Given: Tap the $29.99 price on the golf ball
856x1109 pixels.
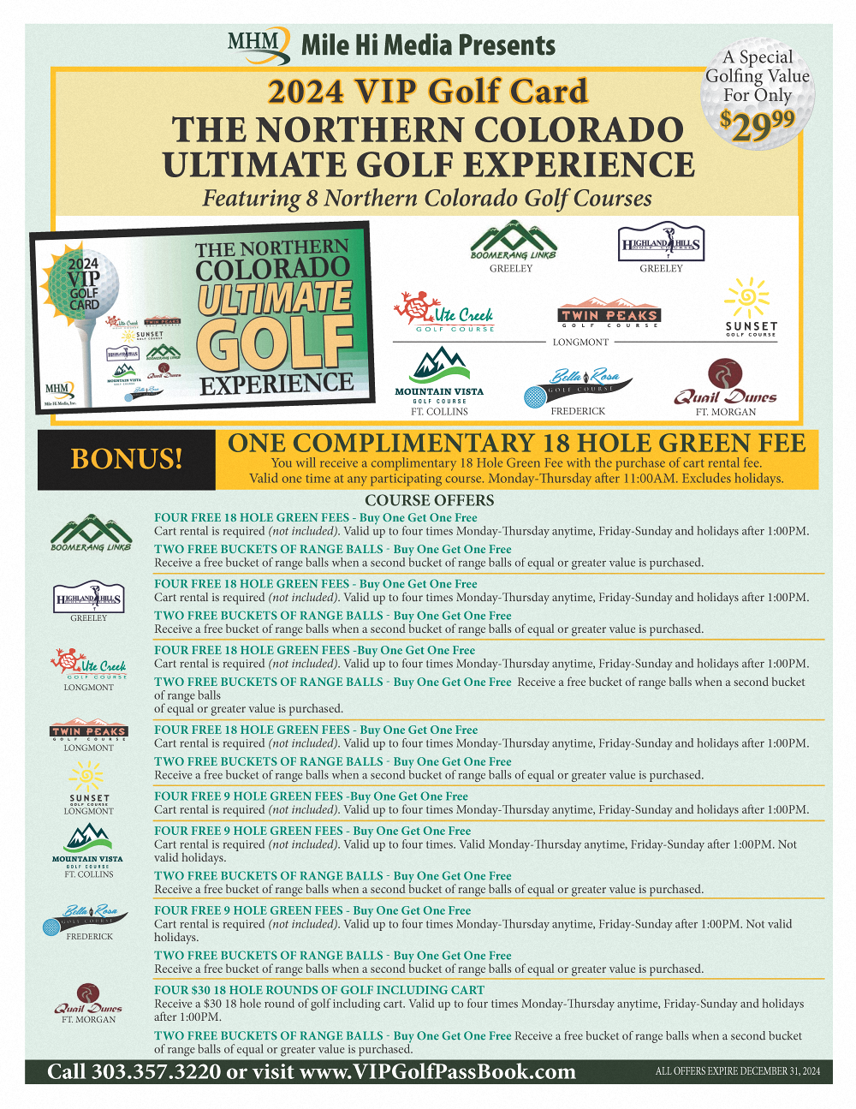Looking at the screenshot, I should click(x=758, y=125).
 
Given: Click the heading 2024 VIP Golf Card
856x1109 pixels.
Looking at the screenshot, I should click(x=427, y=92).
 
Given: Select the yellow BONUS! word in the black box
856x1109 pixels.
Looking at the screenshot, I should click(x=127, y=459).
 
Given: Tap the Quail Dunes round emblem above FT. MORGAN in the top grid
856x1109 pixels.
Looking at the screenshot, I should click(x=725, y=374).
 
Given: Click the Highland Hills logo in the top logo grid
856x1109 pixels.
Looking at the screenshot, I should click(x=661, y=243).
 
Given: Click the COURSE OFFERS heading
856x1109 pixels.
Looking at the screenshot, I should click(x=429, y=500).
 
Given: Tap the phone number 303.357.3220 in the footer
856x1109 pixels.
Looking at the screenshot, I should click(x=156, y=1072).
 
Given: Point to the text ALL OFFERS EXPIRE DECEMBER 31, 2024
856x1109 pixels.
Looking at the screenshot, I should click(x=737, y=1071).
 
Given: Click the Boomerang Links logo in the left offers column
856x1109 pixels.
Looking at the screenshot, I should click(x=91, y=533).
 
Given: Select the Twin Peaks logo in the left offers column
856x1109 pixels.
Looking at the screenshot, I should click(x=89, y=731).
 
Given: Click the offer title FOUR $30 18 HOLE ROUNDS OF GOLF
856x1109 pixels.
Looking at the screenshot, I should click(x=319, y=990).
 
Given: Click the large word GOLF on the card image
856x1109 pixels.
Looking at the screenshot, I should click(x=276, y=343).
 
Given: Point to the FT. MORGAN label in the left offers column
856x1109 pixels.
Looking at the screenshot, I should click(x=88, y=1020).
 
